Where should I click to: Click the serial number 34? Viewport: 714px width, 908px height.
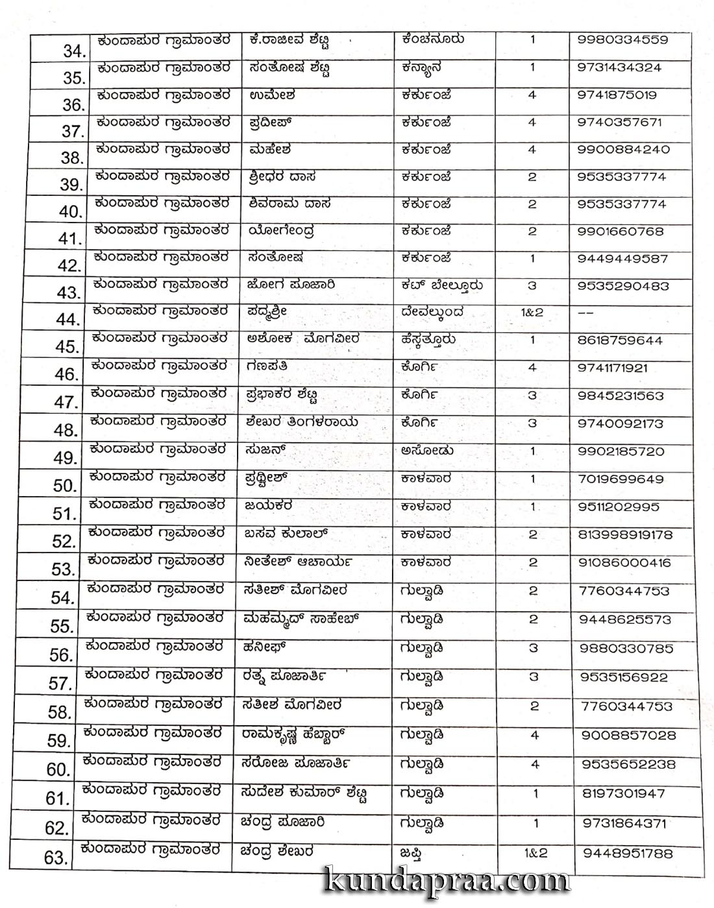[74, 50]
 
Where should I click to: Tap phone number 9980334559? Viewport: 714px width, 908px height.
[622, 40]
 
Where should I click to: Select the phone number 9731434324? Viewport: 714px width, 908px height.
[619, 67]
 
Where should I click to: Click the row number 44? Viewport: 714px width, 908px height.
[68, 319]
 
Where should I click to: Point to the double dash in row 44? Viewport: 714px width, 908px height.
[586, 313]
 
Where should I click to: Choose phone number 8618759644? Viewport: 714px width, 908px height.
[620, 340]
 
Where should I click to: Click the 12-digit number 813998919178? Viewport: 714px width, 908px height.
[625, 535]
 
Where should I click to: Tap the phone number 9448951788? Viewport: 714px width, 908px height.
[628, 854]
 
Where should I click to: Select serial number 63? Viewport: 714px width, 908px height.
[56, 858]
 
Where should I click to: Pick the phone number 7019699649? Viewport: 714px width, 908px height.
[621, 479]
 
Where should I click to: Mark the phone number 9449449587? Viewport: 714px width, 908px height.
[622, 258]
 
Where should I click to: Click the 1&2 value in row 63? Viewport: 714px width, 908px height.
[535, 853]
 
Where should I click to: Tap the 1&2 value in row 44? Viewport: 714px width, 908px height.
[532, 313]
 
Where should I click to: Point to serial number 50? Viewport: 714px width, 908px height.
[65, 485]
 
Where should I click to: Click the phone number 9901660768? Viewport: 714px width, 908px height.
[620, 231]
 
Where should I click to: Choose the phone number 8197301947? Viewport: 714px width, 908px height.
[624, 793]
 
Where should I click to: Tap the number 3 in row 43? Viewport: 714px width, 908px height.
[532, 285]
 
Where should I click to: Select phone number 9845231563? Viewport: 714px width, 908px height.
[621, 396]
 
